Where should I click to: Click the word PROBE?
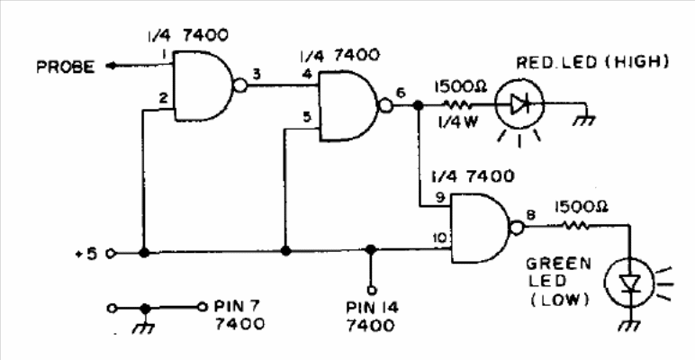click(x=66, y=67)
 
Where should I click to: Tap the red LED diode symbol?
click(x=519, y=104)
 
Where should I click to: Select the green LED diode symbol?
click(x=629, y=282)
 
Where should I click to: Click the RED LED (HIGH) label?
click(x=592, y=62)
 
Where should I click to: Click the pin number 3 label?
click(x=257, y=74)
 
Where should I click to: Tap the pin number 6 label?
click(x=401, y=93)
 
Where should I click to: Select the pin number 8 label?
click(x=531, y=214)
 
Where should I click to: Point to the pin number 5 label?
click(x=307, y=118)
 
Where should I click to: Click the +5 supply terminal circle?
click(x=111, y=254)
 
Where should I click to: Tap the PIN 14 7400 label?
click(x=372, y=317)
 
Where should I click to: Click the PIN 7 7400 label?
click(x=239, y=314)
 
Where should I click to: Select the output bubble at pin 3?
click(x=239, y=85)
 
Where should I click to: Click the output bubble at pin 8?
click(x=517, y=228)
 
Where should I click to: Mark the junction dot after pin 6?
click(x=417, y=105)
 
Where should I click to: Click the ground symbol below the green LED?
click(x=629, y=326)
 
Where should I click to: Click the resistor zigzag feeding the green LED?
click(x=576, y=226)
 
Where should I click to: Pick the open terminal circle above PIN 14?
click(x=372, y=291)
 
